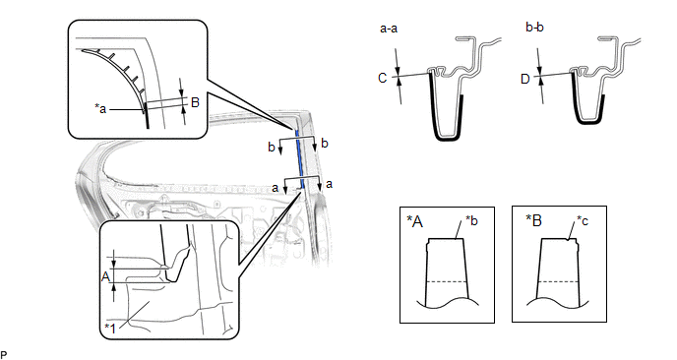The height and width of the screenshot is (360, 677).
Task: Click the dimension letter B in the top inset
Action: (x=195, y=102)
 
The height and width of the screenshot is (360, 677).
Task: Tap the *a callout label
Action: (x=100, y=108)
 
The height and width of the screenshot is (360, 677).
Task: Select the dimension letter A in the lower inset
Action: (x=106, y=276)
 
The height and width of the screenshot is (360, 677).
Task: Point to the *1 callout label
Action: (x=111, y=329)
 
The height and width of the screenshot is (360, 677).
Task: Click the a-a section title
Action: (x=389, y=29)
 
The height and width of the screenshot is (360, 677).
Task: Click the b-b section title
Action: (x=534, y=28)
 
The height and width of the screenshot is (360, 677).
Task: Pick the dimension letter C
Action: (x=382, y=78)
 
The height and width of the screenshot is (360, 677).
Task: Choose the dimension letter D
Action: (x=525, y=79)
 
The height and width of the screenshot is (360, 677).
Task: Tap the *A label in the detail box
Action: (x=415, y=221)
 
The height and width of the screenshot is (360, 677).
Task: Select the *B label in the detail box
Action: (x=534, y=220)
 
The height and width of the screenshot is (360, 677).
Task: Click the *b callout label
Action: (x=471, y=220)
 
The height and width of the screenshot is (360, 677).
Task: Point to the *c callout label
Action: (x=583, y=221)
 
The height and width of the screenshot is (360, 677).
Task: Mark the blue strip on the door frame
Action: (x=300, y=158)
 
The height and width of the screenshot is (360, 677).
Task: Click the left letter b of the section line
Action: (x=272, y=148)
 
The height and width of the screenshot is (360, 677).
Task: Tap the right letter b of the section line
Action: (x=325, y=143)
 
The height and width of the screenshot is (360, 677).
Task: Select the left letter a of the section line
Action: (x=276, y=188)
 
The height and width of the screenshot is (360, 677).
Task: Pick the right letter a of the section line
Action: (x=329, y=184)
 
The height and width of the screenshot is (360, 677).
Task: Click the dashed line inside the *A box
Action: (x=447, y=282)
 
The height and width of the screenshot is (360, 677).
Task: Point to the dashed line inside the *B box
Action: (x=558, y=282)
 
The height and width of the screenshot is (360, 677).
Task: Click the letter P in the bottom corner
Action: (x=4, y=355)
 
